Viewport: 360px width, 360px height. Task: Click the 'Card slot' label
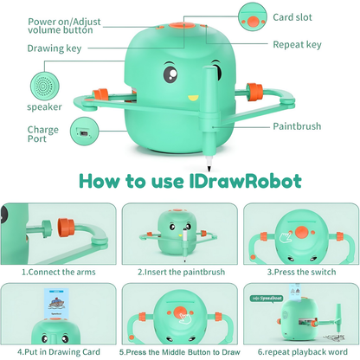[294, 16]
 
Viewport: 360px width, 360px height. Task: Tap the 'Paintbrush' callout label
[296, 126]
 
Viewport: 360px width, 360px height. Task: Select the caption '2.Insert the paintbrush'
[179, 273]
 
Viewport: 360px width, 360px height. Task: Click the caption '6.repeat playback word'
[300, 352]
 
